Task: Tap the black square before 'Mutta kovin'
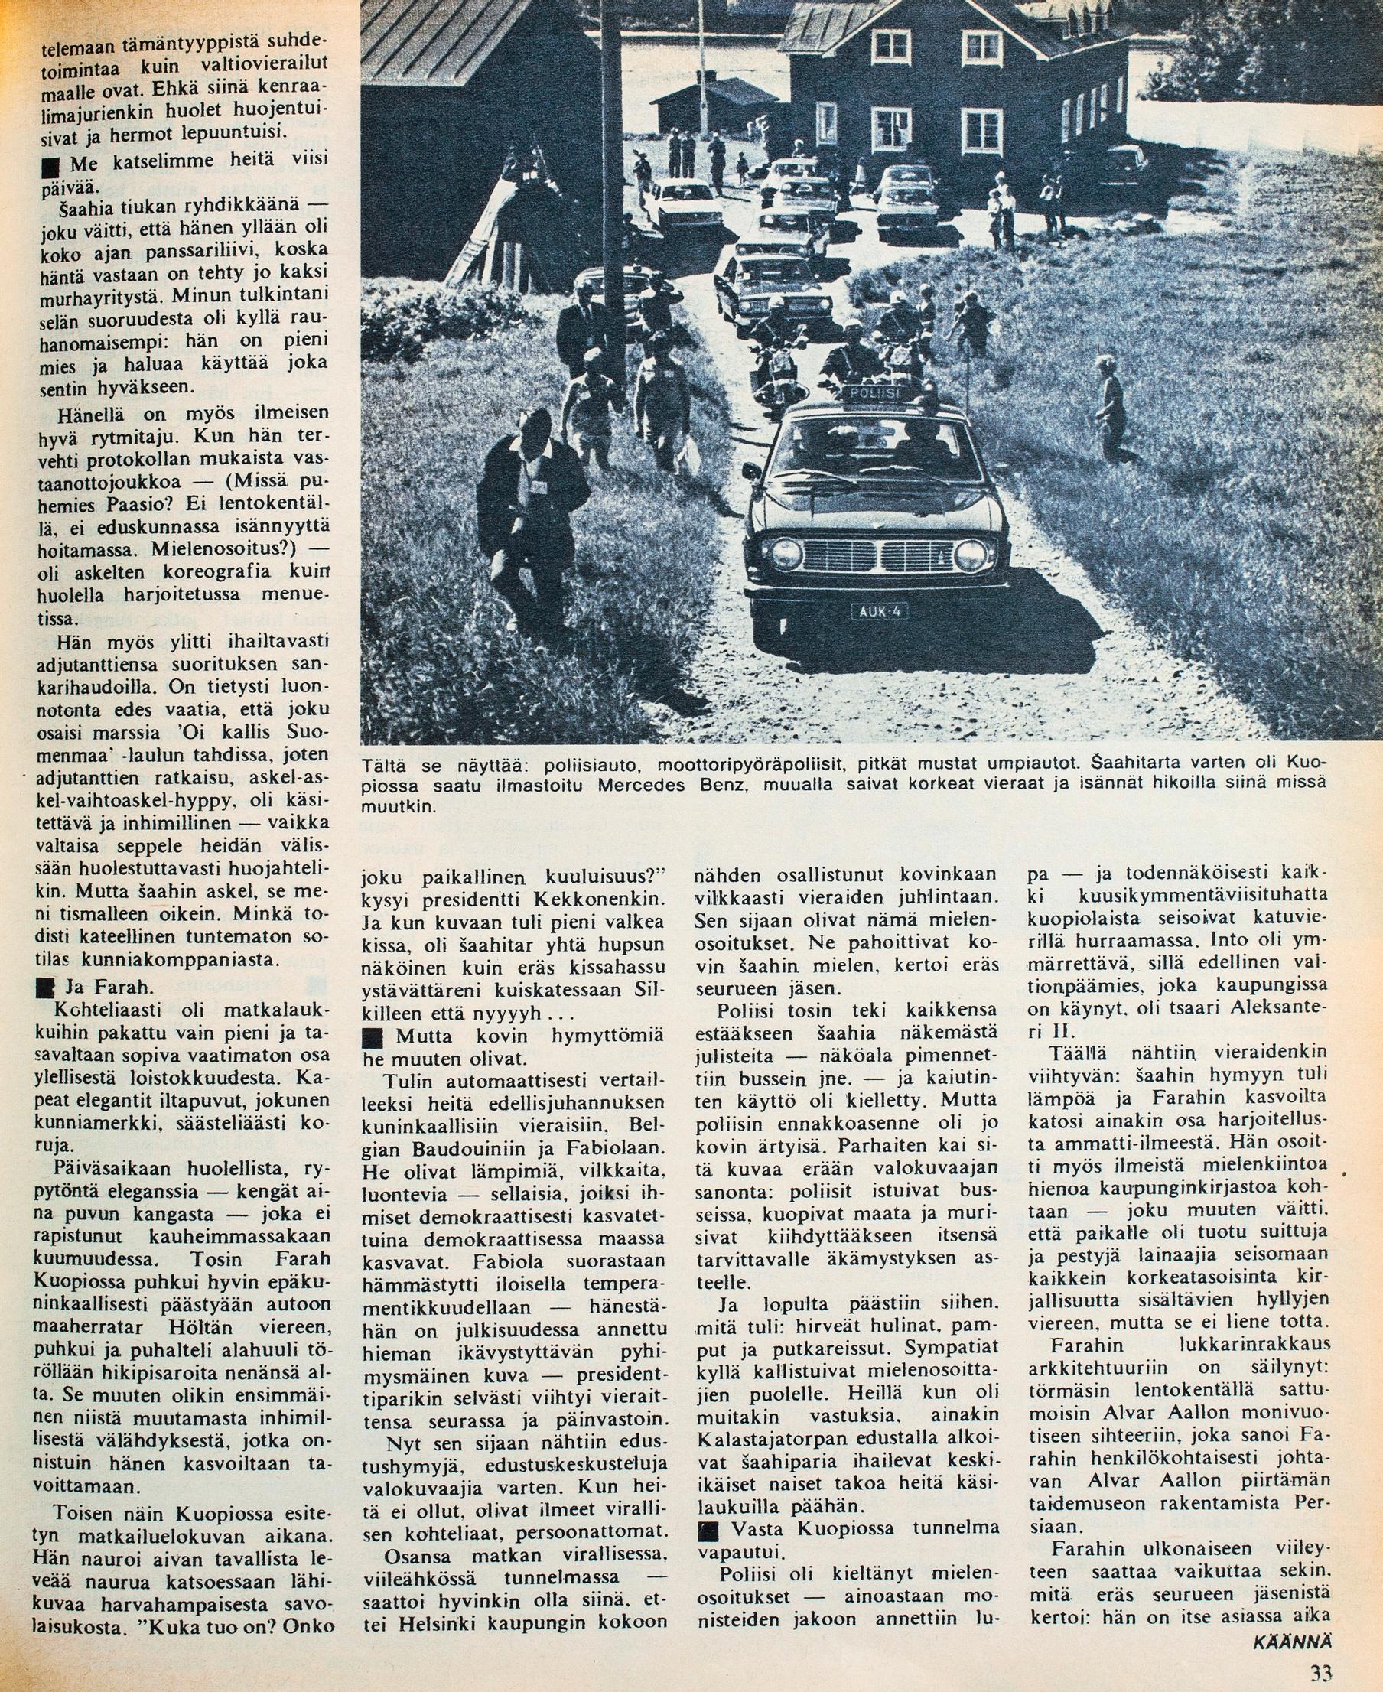tap(372, 1038)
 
